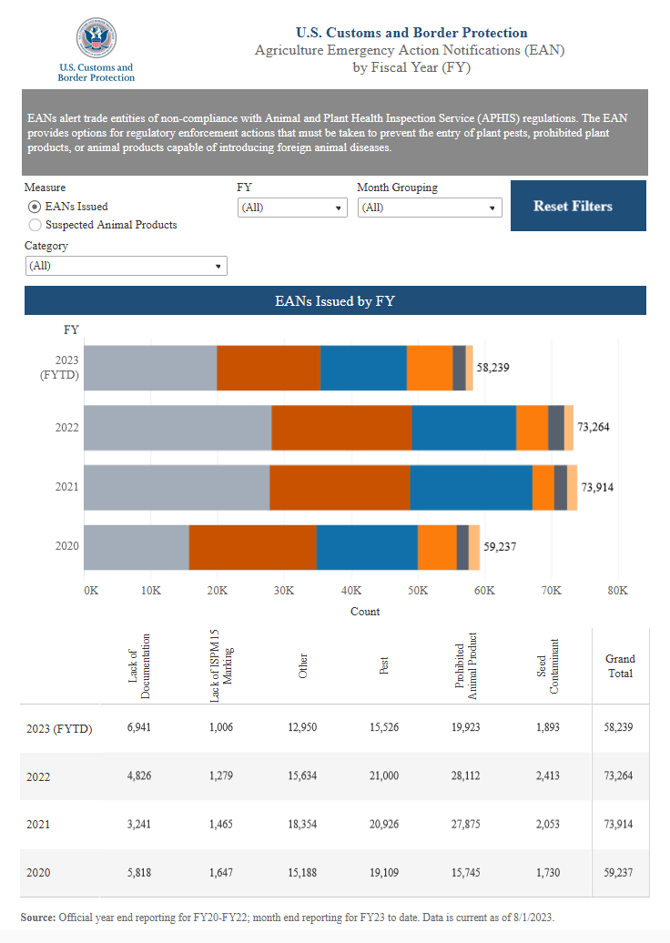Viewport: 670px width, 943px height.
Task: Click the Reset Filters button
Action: (x=573, y=206)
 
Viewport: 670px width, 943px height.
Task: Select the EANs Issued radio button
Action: (x=35, y=207)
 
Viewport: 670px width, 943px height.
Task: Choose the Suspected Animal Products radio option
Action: (x=35, y=224)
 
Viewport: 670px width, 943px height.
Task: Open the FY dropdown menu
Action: (x=292, y=208)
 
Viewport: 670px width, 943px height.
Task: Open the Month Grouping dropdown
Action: (x=430, y=208)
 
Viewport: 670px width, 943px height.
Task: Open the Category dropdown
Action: (x=127, y=266)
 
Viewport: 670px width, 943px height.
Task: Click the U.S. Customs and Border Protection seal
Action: (x=96, y=38)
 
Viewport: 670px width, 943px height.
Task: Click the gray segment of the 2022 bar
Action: (x=178, y=427)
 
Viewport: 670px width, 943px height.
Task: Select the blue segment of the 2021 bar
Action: (x=471, y=487)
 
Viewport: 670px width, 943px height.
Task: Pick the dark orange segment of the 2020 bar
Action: (x=252, y=546)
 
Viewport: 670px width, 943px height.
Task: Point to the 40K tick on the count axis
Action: (x=350, y=591)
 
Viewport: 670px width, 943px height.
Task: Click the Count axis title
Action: (x=365, y=612)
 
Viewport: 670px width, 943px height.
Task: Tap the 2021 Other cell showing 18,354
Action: (x=303, y=825)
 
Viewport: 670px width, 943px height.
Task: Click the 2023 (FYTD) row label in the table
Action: (x=59, y=728)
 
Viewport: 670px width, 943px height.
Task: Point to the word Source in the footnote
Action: (x=38, y=918)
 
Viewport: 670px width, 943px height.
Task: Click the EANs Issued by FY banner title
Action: (x=335, y=300)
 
